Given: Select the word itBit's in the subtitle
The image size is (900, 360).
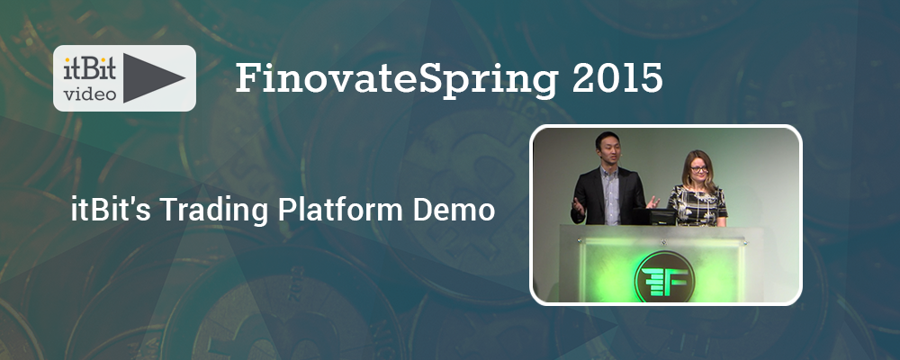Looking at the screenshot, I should point(105,211).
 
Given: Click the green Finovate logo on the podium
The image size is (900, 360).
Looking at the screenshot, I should point(664,277).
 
